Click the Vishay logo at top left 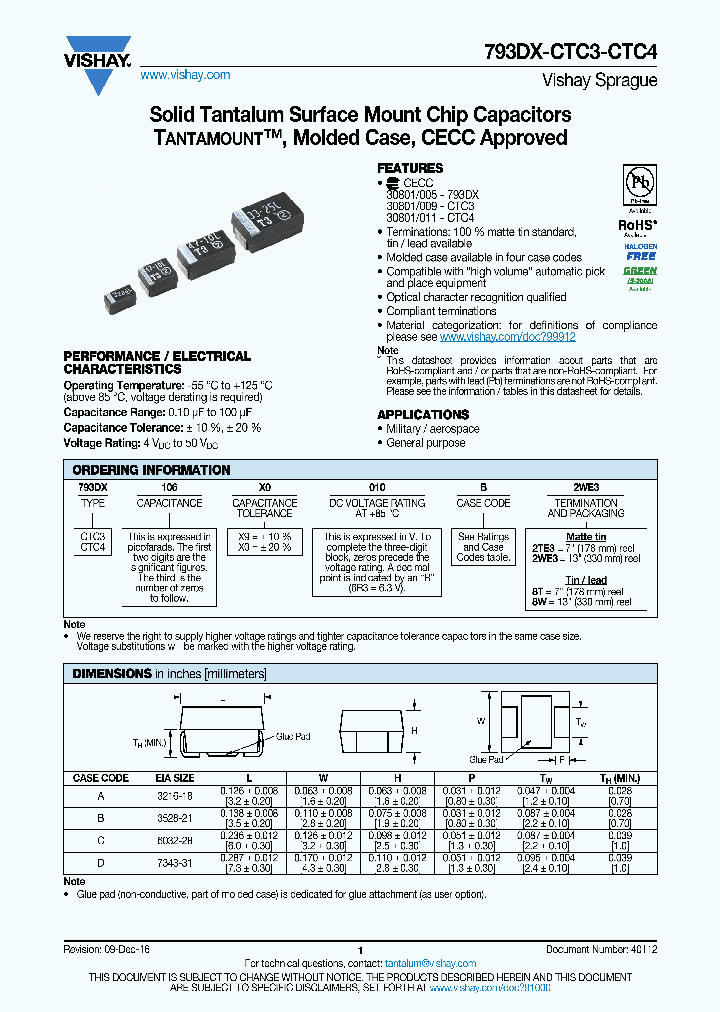pyautogui.click(x=98, y=53)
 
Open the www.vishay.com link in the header pyautogui.click(x=185, y=75)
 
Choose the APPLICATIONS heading pyautogui.click(x=422, y=414)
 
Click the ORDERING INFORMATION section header pyautogui.click(x=151, y=470)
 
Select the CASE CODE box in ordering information pyautogui.click(x=483, y=503)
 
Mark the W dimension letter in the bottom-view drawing pyautogui.click(x=480, y=720)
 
